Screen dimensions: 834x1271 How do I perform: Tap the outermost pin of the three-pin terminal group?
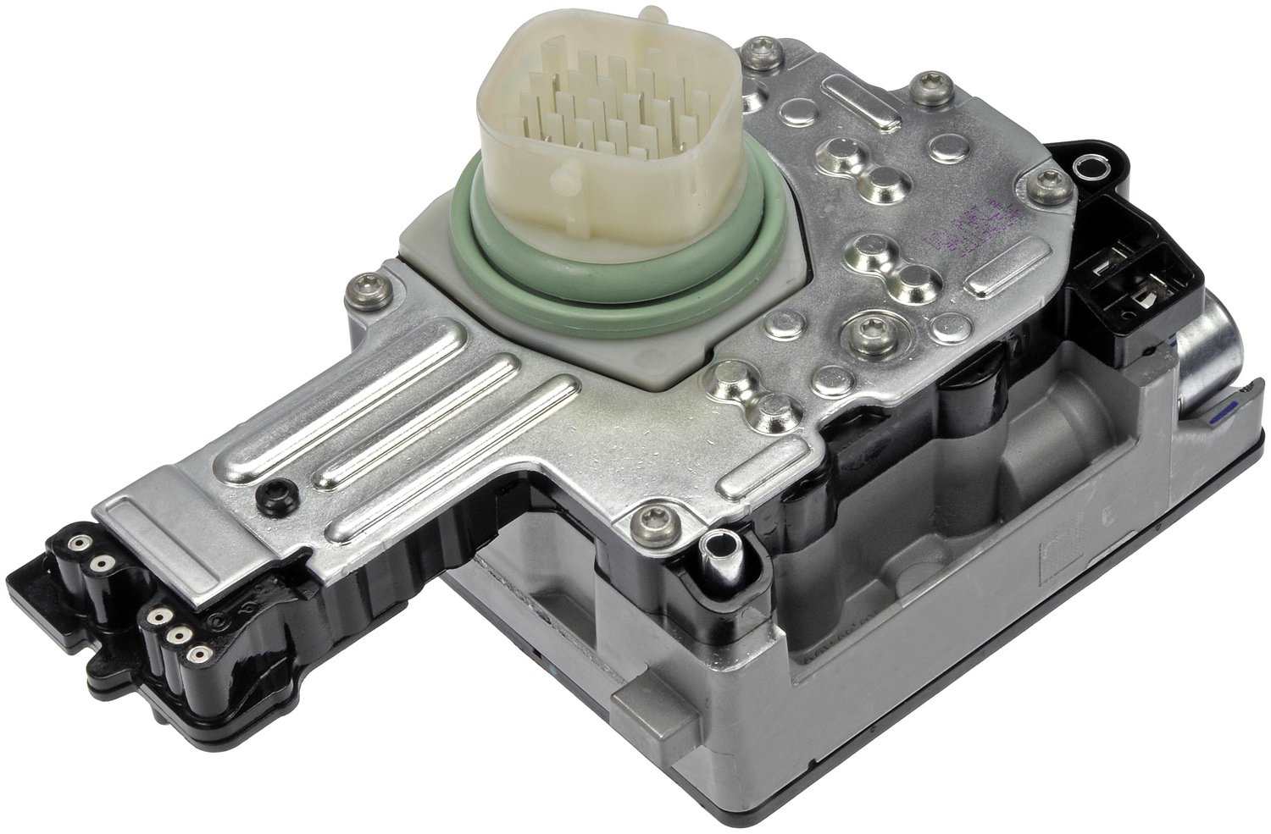(199, 654)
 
